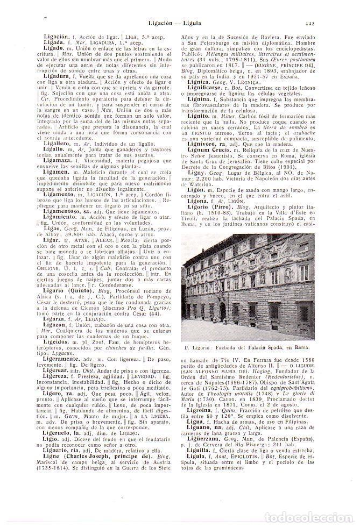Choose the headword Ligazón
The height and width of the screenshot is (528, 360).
(55, 326)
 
